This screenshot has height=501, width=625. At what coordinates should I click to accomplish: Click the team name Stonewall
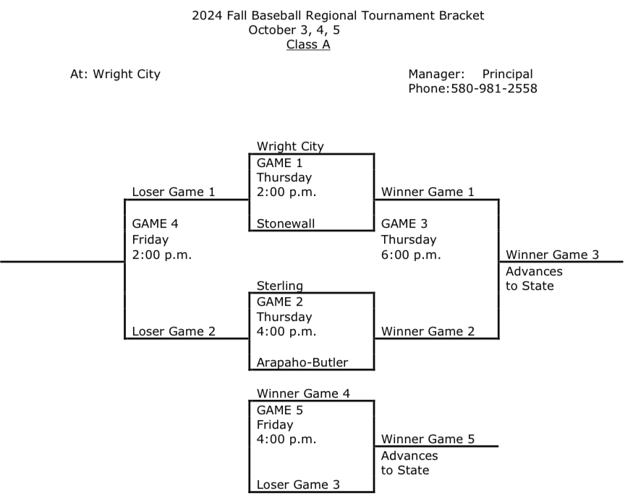click(x=286, y=223)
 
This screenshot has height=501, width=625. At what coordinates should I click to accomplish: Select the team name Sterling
click(x=280, y=286)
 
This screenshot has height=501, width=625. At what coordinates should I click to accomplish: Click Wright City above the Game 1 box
click(x=290, y=146)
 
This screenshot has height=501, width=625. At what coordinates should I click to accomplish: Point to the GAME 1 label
click(x=280, y=163)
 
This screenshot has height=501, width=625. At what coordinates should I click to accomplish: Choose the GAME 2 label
click(x=280, y=302)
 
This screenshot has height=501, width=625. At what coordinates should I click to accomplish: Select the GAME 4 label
click(x=155, y=223)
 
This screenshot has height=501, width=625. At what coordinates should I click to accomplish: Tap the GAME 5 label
click(x=280, y=410)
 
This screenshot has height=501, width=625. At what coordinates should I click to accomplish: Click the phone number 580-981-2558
click(x=493, y=88)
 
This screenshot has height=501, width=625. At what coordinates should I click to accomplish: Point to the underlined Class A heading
click(x=308, y=44)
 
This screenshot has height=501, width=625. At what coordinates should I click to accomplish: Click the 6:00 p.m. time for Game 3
click(x=411, y=254)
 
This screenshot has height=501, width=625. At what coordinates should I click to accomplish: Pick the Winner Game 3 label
click(x=553, y=254)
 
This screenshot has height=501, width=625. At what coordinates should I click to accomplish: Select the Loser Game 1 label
click(x=174, y=192)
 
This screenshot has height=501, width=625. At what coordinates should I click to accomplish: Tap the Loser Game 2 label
click(x=174, y=332)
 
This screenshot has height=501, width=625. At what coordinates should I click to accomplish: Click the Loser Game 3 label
click(x=298, y=484)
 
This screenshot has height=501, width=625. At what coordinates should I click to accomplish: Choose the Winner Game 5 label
click(x=428, y=439)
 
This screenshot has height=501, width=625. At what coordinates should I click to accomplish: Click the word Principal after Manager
click(x=507, y=74)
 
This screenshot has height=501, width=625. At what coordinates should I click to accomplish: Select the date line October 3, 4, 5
click(x=294, y=30)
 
